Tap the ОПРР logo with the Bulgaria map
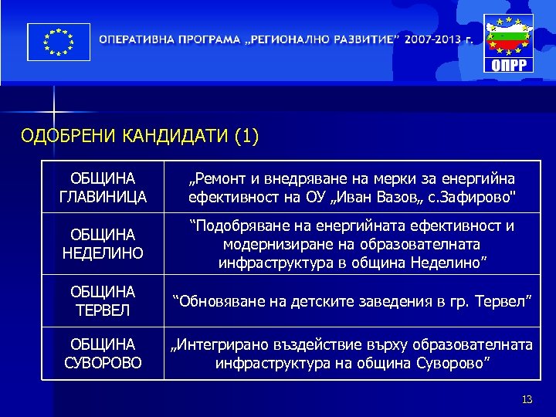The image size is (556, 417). (x=508, y=43)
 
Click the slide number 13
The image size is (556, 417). (x=527, y=398)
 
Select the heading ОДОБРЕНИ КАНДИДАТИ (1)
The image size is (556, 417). (x=140, y=137)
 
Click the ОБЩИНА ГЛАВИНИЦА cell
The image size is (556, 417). (x=103, y=188)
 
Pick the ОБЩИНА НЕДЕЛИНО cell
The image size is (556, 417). (x=103, y=242)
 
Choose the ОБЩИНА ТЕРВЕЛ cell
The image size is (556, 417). (x=103, y=300)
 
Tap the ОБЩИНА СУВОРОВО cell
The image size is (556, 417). (x=103, y=352)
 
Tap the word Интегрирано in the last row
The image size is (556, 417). (x=219, y=344)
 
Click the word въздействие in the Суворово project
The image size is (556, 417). (x=308, y=344)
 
